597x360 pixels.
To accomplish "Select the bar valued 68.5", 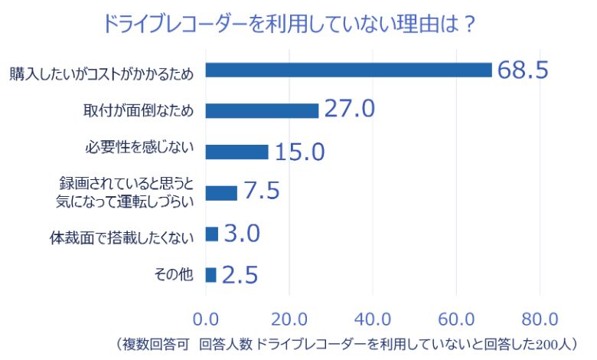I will (x=349, y=70).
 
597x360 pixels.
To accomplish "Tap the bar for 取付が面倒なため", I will (x=263, y=110).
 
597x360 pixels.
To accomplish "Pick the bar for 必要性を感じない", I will (x=237, y=152).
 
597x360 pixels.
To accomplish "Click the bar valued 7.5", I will (x=222, y=192).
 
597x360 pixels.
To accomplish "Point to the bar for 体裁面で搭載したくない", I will (x=213, y=234).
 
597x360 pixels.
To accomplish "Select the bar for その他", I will (x=211, y=274).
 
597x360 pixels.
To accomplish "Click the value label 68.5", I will (x=524, y=70).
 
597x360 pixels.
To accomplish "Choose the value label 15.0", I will (x=299, y=152).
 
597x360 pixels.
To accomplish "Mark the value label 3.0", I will (x=242, y=234).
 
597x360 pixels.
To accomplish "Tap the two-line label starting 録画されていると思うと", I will (x=127, y=193).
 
